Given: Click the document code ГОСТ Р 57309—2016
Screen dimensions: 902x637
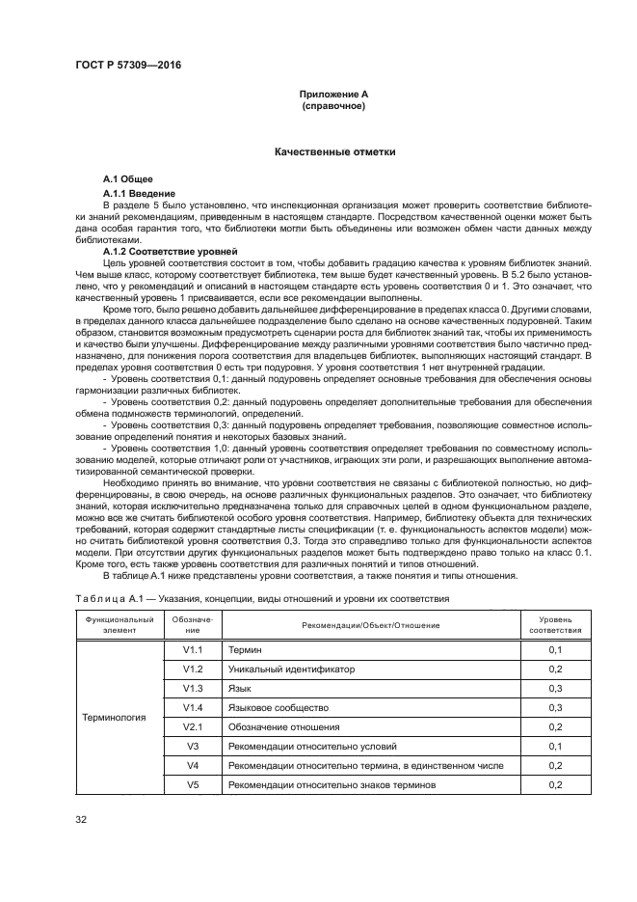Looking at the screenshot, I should point(127,65).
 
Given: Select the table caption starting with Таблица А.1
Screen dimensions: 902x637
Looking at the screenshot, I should point(262,598).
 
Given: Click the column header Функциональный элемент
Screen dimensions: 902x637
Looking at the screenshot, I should point(119,622).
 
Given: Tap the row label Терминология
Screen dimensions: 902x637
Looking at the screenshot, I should point(114,718).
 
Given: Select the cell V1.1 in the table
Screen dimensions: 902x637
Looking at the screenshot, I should point(192,650).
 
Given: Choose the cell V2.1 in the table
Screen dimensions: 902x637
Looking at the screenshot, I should point(192,726).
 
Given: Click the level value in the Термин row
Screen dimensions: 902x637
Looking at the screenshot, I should point(554,650).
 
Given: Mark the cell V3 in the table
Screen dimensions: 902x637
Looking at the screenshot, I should point(192,746).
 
